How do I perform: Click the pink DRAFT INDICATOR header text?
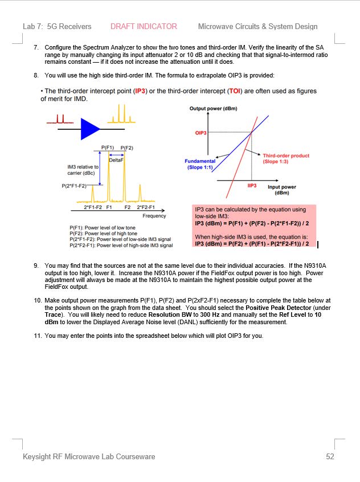(x=144, y=26)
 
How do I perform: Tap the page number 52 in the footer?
(x=330, y=456)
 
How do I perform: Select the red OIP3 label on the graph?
(x=201, y=133)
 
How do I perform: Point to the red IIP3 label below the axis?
(x=252, y=186)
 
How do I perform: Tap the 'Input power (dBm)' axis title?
(x=282, y=190)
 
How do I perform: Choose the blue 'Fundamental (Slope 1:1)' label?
(x=200, y=165)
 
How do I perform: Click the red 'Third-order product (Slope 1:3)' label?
(x=285, y=158)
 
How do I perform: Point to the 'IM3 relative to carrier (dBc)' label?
(x=83, y=170)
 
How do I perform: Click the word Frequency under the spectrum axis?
(x=154, y=216)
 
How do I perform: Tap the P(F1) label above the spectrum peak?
(x=108, y=147)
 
